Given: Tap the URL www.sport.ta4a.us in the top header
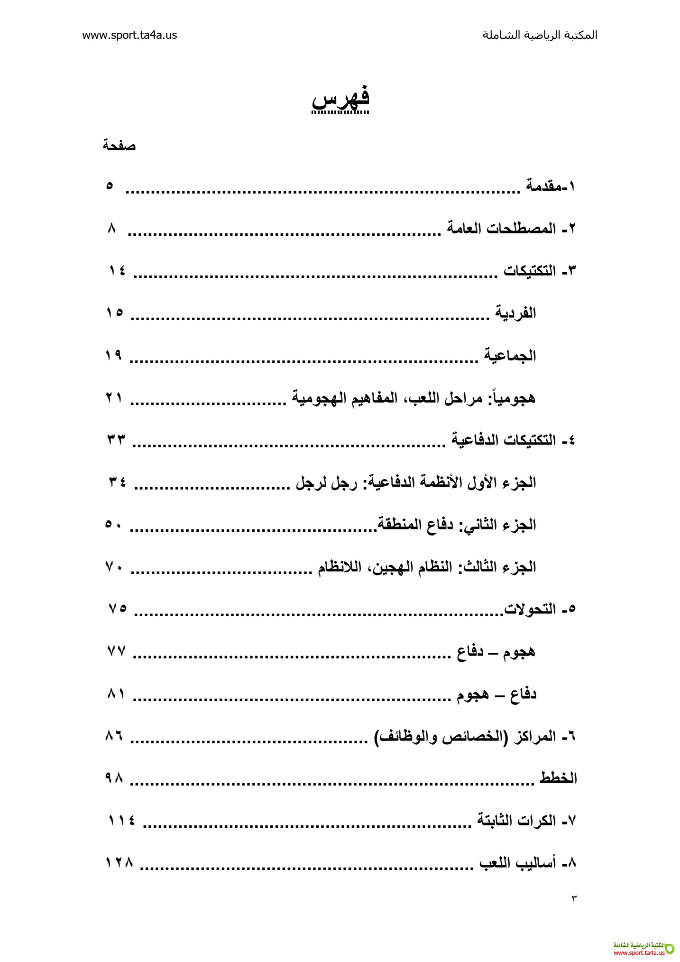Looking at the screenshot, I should pos(129,35).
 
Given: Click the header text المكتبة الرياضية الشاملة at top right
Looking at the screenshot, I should pos(540,35).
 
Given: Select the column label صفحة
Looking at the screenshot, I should pos(119,146).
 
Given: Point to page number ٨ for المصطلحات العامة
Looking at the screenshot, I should pos(112,229).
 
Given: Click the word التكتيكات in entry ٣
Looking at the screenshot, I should pos(530,271).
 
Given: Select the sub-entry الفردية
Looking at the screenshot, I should pos(515,313).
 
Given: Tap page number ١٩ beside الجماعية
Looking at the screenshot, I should pos(114,355).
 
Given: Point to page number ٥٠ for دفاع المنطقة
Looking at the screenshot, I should pos(114,524).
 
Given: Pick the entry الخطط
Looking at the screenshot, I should pos(558,778).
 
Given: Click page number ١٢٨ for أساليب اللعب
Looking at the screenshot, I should pos(119,863).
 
